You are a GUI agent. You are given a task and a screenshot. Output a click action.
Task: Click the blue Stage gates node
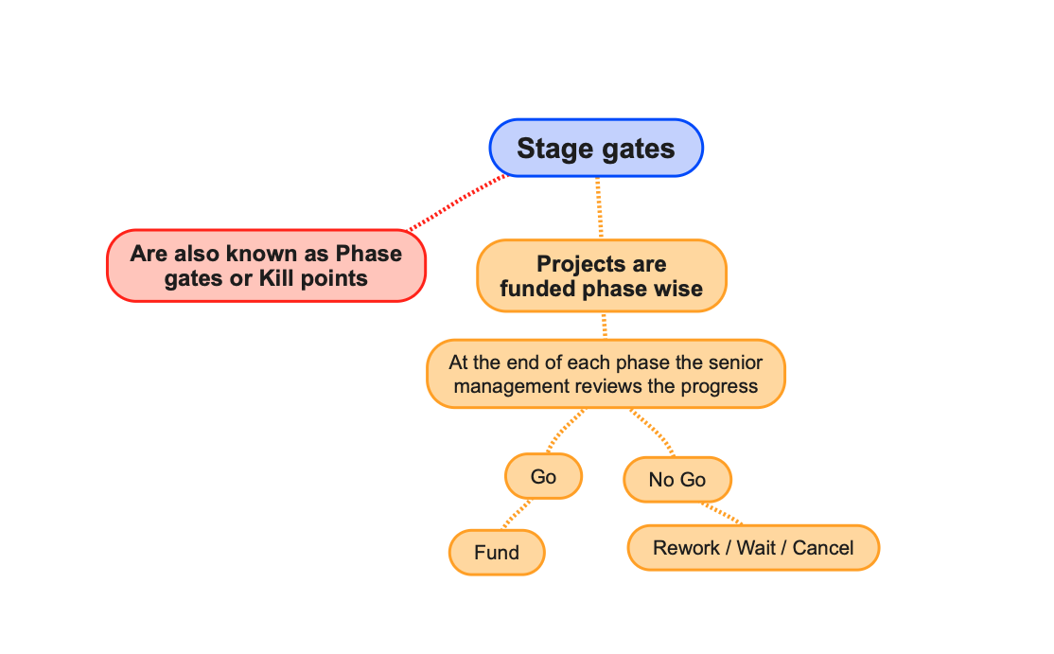point(596,148)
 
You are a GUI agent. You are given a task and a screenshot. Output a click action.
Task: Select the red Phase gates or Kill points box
point(266,266)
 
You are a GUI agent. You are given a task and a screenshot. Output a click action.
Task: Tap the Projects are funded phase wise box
point(602,275)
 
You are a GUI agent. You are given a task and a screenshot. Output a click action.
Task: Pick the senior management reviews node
point(606,374)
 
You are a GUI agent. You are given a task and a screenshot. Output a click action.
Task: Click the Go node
point(543,476)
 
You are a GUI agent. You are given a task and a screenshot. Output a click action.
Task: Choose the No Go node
point(676,479)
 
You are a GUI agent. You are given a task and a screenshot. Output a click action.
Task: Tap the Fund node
point(497,552)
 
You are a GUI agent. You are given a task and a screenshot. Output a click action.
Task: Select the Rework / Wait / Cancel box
point(753,548)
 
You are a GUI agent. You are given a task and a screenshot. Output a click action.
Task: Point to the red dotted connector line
point(458,203)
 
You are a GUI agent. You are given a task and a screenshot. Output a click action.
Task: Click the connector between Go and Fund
point(517,514)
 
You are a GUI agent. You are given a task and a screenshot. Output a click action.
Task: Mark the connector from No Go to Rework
point(722,513)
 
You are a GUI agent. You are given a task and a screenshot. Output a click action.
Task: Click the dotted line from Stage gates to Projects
point(599,207)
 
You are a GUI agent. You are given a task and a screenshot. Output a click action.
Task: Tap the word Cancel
point(823,548)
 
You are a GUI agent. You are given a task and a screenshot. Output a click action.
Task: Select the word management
point(511,386)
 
